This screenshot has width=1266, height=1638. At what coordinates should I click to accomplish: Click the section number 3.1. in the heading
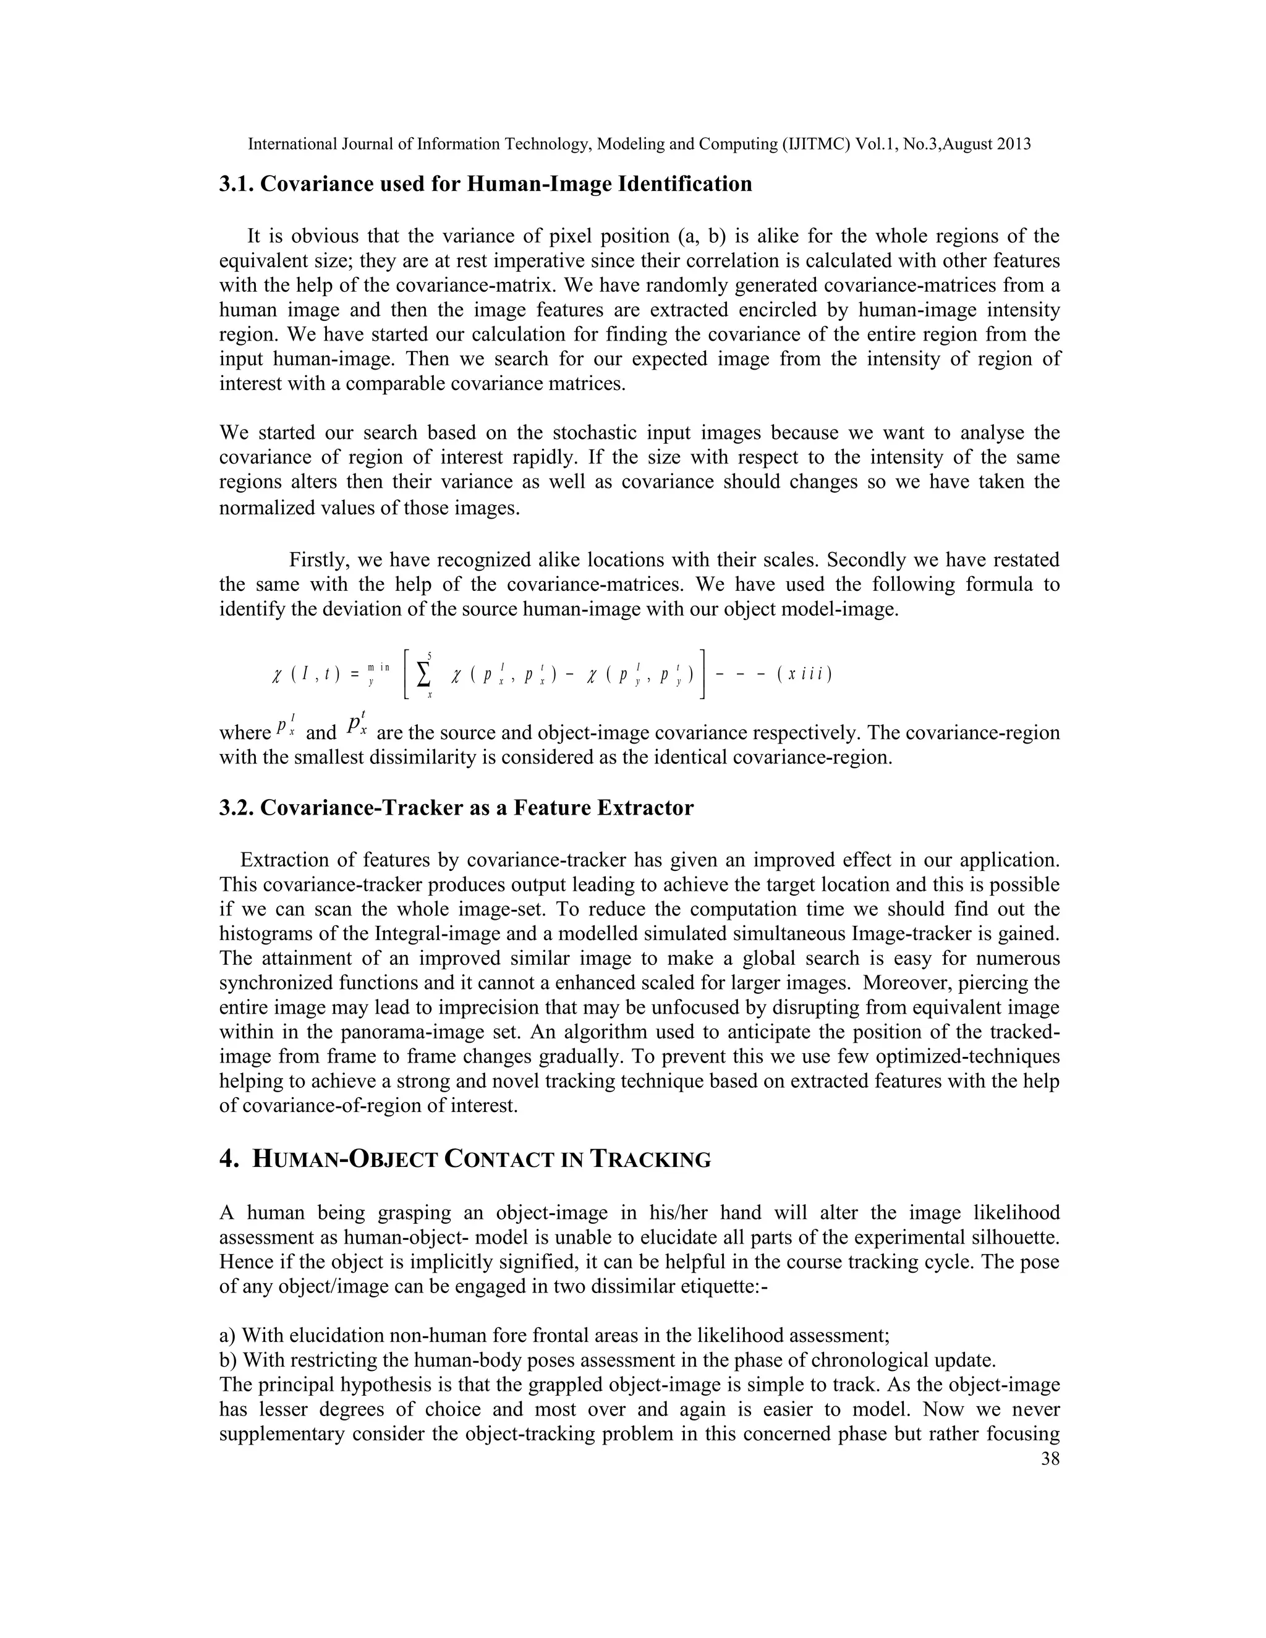pos(237,184)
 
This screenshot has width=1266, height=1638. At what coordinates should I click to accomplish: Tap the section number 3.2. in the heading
pos(237,808)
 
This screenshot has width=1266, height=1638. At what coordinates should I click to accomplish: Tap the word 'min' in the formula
pos(379,668)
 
